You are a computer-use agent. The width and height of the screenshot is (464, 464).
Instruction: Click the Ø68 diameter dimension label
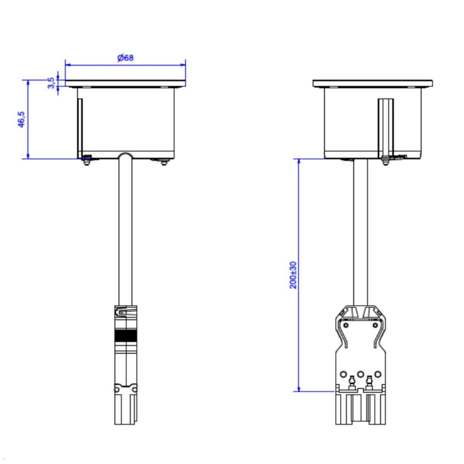[x=125, y=58]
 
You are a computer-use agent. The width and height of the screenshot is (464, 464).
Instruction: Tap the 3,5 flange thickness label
[x=51, y=82]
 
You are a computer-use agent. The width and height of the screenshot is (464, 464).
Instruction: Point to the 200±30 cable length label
[x=293, y=275]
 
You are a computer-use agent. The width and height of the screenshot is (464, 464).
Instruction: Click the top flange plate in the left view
[x=125, y=83]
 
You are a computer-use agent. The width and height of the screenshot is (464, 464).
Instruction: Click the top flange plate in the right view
[x=372, y=83]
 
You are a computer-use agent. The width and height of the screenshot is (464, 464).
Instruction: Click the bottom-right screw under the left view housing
[x=165, y=162]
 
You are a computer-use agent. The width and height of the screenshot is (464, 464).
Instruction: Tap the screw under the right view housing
[x=385, y=162]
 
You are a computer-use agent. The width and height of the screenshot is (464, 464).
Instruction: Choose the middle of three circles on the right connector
[x=360, y=374]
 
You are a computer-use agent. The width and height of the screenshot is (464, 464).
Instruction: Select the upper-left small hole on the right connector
[x=346, y=325]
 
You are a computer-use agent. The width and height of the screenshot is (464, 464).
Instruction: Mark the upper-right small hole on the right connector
[x=375, y=325]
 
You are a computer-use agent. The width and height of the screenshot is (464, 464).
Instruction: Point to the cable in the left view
[x=125, y=232]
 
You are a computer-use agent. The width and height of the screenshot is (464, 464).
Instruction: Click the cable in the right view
[x=360, y=232]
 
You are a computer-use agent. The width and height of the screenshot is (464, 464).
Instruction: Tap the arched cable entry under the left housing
[x=125, y=156]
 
